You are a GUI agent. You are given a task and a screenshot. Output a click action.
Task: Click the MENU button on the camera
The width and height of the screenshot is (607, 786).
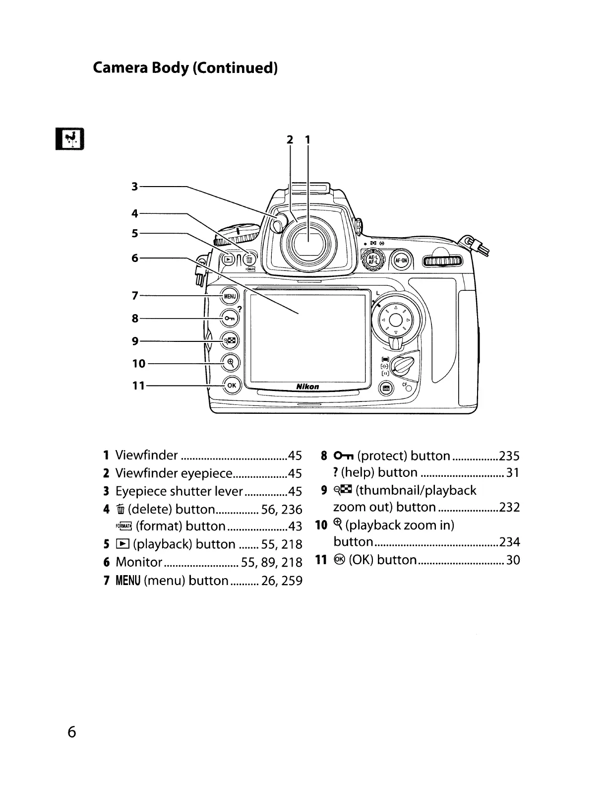(x=230, y=296)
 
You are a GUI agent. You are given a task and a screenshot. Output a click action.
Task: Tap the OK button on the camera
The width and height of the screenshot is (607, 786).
(x=232, y=385)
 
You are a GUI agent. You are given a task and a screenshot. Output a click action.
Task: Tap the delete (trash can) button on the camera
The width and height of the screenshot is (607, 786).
(x=249, y=259)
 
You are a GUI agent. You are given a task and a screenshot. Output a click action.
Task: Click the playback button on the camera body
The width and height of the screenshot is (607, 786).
(x=228, y=259)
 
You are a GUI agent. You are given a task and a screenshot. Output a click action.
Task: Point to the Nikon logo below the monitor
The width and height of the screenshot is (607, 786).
(x=307, y=387)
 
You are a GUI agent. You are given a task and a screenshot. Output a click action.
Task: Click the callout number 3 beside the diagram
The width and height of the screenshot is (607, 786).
(x=134, y=187)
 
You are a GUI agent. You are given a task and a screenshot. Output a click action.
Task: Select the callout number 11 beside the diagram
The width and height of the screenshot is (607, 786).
(x=138, y=386)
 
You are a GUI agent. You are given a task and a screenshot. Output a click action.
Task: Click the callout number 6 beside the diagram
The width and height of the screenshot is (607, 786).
(x=134, y=258)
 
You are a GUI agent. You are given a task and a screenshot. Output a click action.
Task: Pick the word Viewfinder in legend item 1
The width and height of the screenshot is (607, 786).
(x=146, y=455)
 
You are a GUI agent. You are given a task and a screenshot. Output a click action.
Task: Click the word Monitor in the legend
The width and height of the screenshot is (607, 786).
(x=139, y=562)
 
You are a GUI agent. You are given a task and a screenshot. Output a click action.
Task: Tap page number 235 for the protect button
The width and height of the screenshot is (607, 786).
(x=509, y=456)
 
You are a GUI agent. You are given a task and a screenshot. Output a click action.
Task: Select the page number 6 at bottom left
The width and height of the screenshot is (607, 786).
(x=72, y=732)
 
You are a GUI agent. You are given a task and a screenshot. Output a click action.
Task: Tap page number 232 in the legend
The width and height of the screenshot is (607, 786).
(x=509, y=507)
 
